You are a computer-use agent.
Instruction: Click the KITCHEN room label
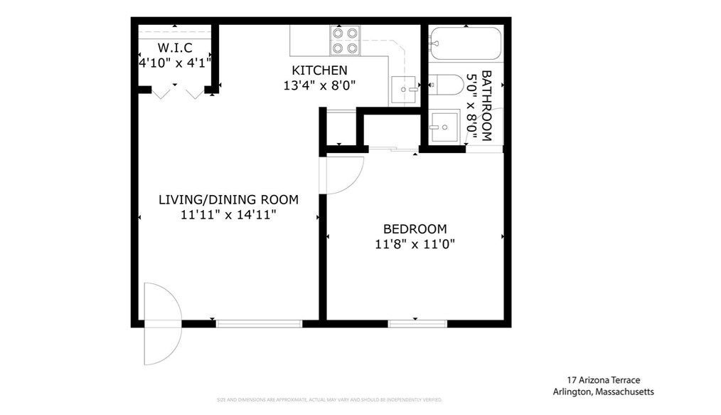click(319, 70)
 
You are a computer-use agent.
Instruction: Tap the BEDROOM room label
click(415, 229)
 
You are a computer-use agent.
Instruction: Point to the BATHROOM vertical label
click(486, 105)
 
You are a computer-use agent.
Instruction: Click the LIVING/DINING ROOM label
click(228, 199)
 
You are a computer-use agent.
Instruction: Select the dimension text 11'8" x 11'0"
click(415, 244)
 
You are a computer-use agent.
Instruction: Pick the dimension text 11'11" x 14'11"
click(228, 214)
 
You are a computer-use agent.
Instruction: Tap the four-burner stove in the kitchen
click(344, 41)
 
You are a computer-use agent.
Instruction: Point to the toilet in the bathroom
click(447, 84)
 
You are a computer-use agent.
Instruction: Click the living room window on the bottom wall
click(259, 323)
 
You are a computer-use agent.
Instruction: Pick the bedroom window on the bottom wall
click(417, 323)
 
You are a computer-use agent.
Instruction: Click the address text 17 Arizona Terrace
click(603, 381)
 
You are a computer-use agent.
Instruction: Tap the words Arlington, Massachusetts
click(603, 392)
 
